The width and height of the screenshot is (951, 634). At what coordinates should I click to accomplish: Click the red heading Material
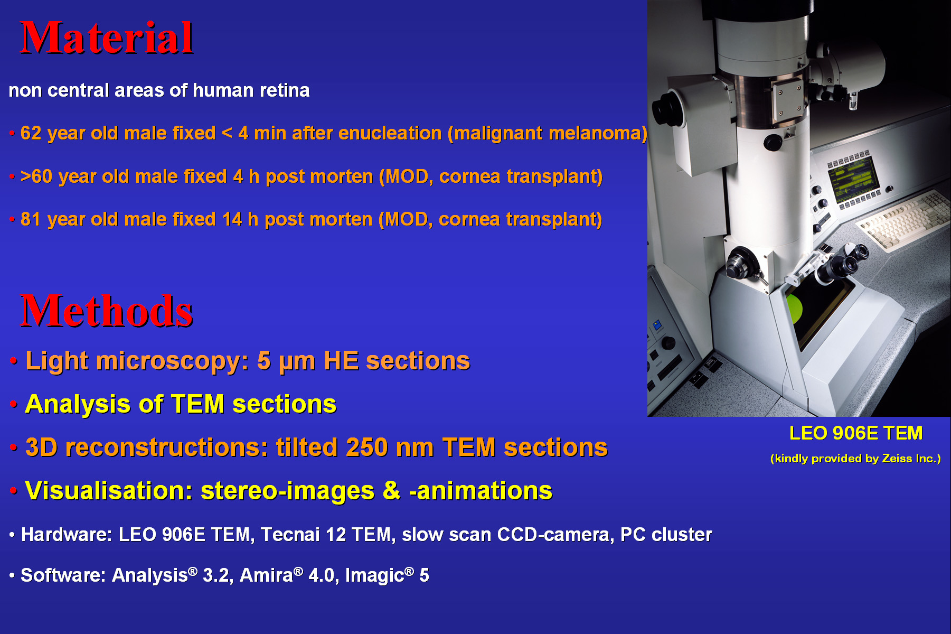107,38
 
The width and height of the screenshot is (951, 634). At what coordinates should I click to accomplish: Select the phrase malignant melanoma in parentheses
548,134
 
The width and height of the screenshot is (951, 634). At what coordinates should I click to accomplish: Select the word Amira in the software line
266,575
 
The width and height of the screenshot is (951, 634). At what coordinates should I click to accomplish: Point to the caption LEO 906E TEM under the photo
856,433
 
